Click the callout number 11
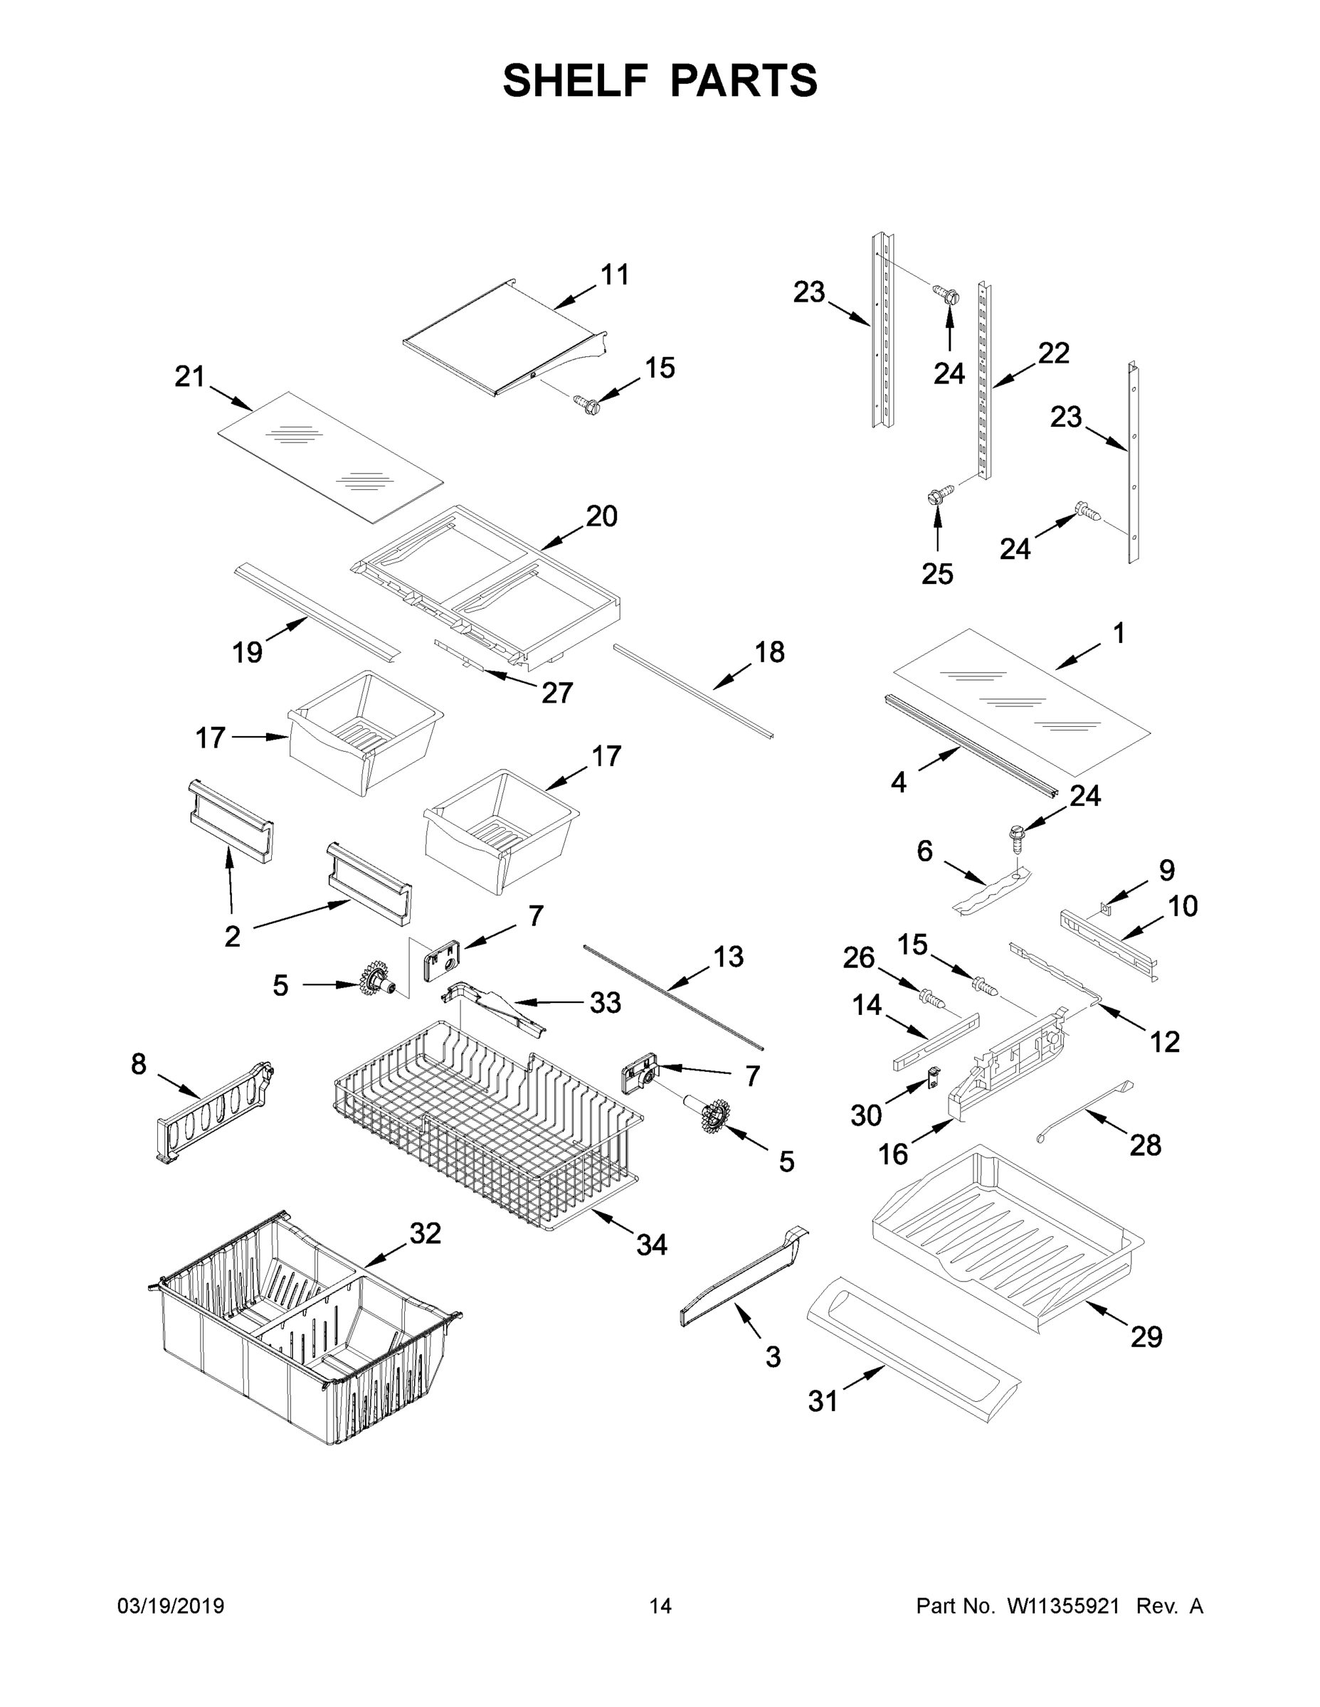615,275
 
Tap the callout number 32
426,1233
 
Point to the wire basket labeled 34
485,1125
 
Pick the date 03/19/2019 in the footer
171,1605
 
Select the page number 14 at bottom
660,1605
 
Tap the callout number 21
189,377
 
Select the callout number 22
1053,353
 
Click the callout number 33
604,1002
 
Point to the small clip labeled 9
1104,908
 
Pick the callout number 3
773,1357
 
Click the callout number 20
601,516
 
